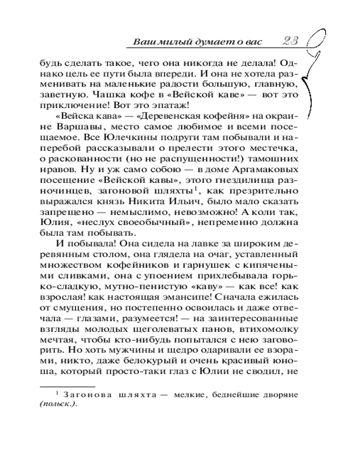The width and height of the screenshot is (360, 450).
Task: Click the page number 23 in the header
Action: tap(292, 41)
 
